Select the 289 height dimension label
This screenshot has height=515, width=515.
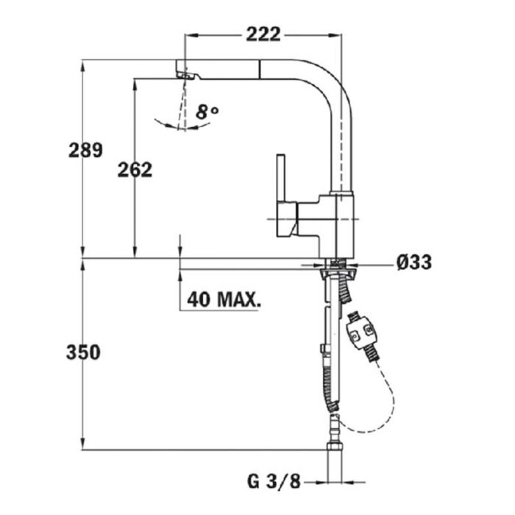(85, 150)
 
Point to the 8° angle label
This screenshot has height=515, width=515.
(208, 112)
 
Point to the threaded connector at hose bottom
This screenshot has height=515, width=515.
(335, 449)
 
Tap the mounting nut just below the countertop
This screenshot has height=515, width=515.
(337, 272)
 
